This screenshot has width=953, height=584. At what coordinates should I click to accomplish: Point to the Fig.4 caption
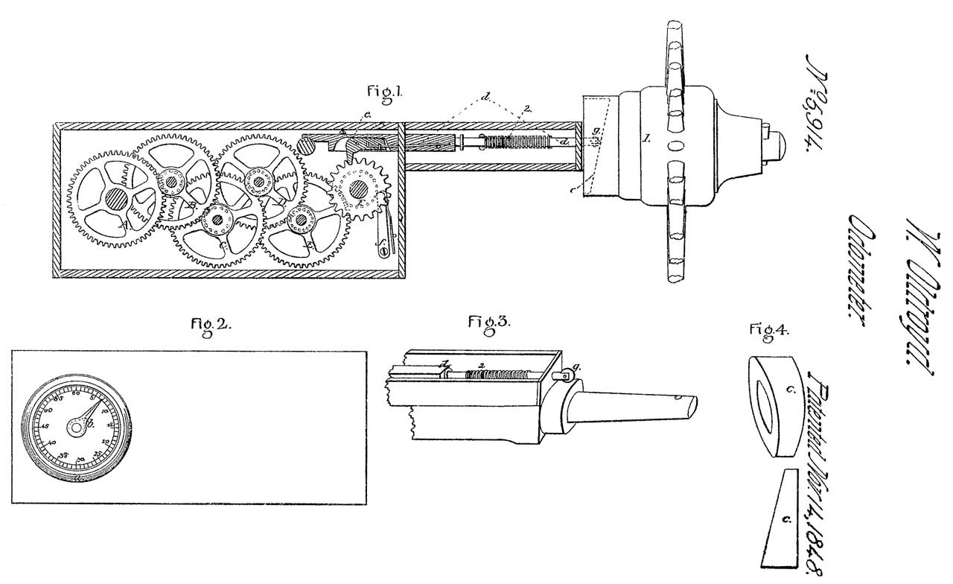768,329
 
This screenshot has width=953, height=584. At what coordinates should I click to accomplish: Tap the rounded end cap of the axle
775,144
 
